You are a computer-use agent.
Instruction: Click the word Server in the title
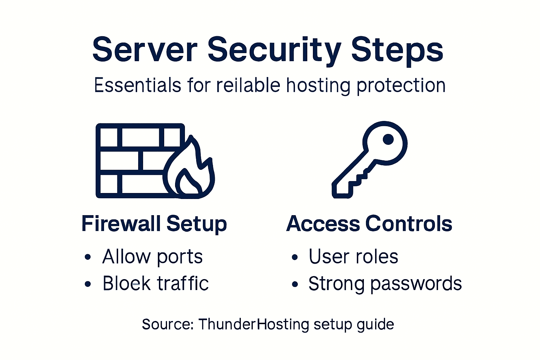click(x=144, y=50)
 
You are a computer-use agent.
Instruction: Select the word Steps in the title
click(x=397, y=50)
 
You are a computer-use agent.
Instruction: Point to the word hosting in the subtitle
click(x=318, y=85)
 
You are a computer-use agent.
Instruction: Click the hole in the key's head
click(x=388, y=139)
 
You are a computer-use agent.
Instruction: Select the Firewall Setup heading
click(x=154, y=224)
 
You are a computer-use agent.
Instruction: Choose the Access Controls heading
click(x=369, y=224)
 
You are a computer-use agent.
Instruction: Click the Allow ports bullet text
click(x=152, y=257)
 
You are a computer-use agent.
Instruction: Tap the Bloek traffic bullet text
click(x=155, y=283)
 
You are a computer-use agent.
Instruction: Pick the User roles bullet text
click(x=353, y=257)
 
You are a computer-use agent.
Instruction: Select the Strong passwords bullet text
click(x=385, y=283)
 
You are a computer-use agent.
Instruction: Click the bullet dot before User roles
click(x=295, y=258)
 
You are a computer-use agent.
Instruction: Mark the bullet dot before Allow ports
click(x=88, y=258)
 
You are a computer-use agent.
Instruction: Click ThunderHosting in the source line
click(x=253, y=324)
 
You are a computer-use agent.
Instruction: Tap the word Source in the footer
click(x=167, y=324)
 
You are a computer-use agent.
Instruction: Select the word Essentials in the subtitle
click(x=137, y=85)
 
